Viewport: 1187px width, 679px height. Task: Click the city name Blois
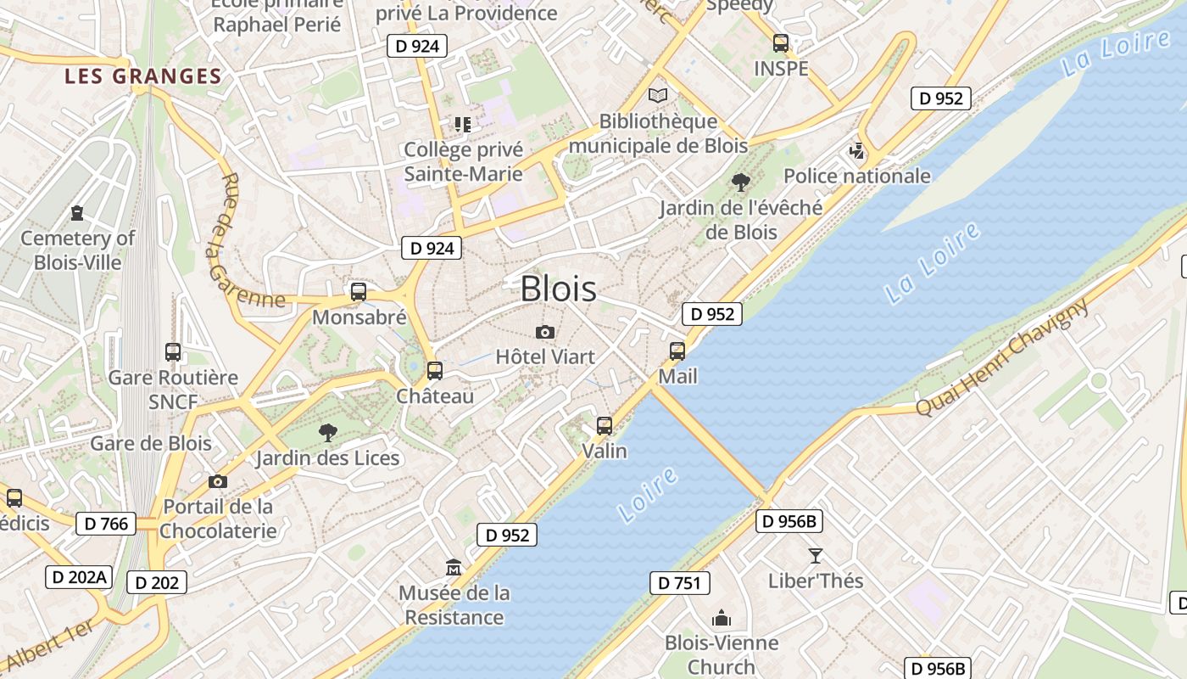(558, 289)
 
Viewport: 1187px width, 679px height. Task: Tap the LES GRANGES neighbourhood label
(142, 76)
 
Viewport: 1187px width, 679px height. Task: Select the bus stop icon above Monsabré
(359, 292)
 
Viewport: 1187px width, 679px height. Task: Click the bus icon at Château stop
(435, 371)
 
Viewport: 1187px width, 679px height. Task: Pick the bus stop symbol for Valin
(605, 425)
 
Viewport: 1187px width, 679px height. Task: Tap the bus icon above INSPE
(781, 42)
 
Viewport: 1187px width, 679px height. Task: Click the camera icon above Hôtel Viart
(545, 332)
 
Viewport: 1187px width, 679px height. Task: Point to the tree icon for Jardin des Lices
(327, 433)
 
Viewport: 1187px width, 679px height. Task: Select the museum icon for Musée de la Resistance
(454, 567)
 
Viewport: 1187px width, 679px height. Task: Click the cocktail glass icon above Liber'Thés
(816, 556)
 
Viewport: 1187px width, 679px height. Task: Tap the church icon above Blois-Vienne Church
(722, 617)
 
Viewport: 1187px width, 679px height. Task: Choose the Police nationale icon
(857, 152)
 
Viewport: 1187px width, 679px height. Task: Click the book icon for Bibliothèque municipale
(658, 96)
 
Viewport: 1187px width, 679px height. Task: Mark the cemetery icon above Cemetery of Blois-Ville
(77, 212)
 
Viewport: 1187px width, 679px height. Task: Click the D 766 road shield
(106, 524)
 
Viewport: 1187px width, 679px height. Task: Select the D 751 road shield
(680, 583)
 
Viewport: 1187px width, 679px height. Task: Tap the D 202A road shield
(79, 577)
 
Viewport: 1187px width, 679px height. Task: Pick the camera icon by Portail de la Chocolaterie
(218, 481)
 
